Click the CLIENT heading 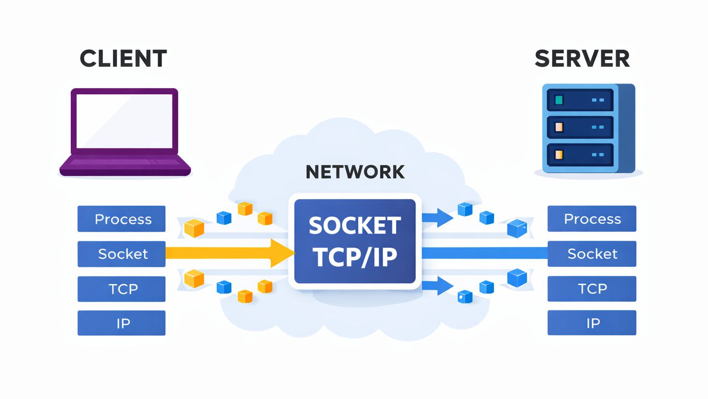[123, 58]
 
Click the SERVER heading [582, 58]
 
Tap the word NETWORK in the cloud [355, 172]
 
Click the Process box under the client [122, 219]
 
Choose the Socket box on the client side [122, 254]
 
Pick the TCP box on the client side [122, 289]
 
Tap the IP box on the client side [122, 323]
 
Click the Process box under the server [592, 219]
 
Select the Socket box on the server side [592, 254]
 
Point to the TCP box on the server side [592, 289]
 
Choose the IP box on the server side [592, 323]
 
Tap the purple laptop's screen [125, 121]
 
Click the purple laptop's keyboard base [125, 165]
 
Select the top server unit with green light [580, 100]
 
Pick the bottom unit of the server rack [580, 154]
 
